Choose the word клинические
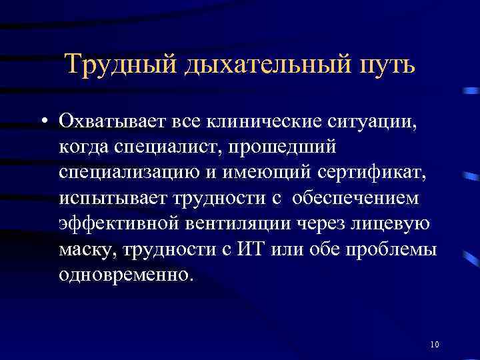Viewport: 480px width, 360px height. click(263, 121)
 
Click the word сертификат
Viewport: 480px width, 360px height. click(369, 172)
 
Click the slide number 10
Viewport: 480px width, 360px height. click(434, 345)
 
